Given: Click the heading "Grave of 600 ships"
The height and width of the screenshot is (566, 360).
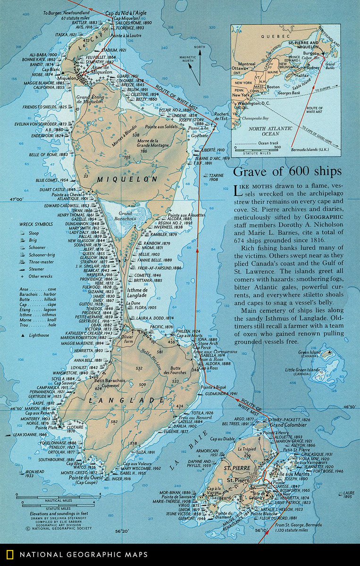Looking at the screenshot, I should click(x=287, y=171).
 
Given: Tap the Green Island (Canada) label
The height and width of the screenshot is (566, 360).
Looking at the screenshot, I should click(x=322, y=341).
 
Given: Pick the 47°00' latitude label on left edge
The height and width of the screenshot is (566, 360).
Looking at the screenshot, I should click(x=17, y=200).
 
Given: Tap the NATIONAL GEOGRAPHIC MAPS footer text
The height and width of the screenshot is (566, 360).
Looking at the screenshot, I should click(x=83, y=555).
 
